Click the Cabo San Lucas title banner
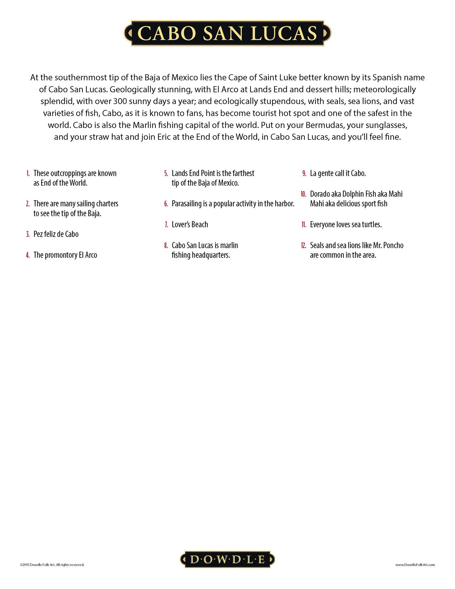tap(227, 33)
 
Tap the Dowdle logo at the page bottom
tap(227, 559)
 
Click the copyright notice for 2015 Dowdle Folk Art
tap(52, 564)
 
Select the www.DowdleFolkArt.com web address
tap(415, 564)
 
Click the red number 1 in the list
tap(28, 173)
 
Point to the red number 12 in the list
tap(303, 245)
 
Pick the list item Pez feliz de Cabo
tap(56, 234)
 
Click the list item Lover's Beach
tap(190, 224)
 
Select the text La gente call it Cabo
tap(338, 173)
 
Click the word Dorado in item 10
tap(320, 194)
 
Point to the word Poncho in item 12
tap(393, 245)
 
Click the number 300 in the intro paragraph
tap(120, 101)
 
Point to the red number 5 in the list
tap(166, 173)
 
